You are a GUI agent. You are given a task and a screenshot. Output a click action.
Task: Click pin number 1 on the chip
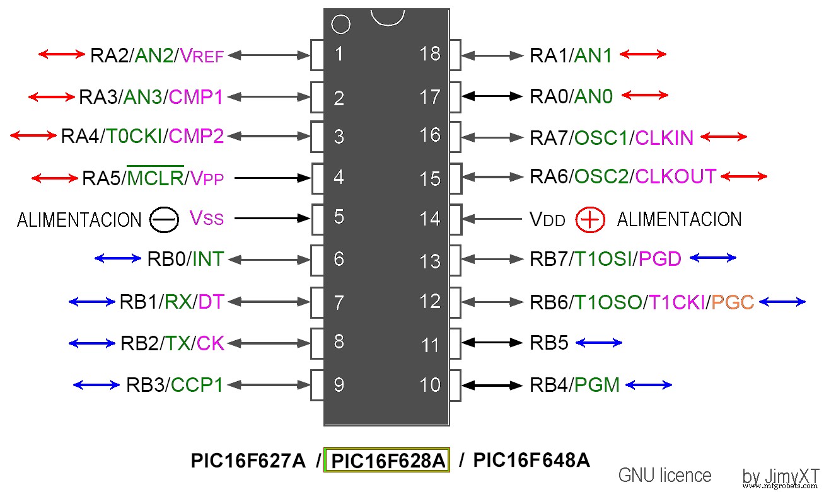(339, 54)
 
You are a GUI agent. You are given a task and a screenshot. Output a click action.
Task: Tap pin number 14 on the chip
(430, 219)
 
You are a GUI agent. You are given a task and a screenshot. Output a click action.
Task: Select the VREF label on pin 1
(202, 55)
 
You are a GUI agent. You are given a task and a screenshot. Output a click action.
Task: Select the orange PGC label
(733, 302)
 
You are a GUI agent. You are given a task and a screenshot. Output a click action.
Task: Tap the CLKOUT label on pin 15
(676, 176)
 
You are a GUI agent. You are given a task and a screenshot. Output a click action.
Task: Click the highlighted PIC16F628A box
(387, 461)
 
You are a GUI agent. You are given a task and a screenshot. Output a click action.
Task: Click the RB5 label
(549, 343)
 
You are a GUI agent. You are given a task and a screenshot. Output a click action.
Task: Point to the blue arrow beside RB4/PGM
(648, 384)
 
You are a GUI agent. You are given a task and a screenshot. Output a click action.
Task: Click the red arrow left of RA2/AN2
(61, 54)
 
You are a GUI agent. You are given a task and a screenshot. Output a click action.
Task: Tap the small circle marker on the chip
(340, 25)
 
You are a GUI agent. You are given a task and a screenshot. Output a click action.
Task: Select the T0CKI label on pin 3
(133, 137)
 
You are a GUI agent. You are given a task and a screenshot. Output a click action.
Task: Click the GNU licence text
(664, 475)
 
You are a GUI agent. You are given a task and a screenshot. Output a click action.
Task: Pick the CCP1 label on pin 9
(197, 384)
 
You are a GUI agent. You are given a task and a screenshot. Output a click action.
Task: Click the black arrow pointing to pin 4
(272, 178)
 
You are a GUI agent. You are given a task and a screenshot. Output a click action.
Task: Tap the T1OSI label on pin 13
(602, 258)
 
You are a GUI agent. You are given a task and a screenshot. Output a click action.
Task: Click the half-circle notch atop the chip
(386, 16)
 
